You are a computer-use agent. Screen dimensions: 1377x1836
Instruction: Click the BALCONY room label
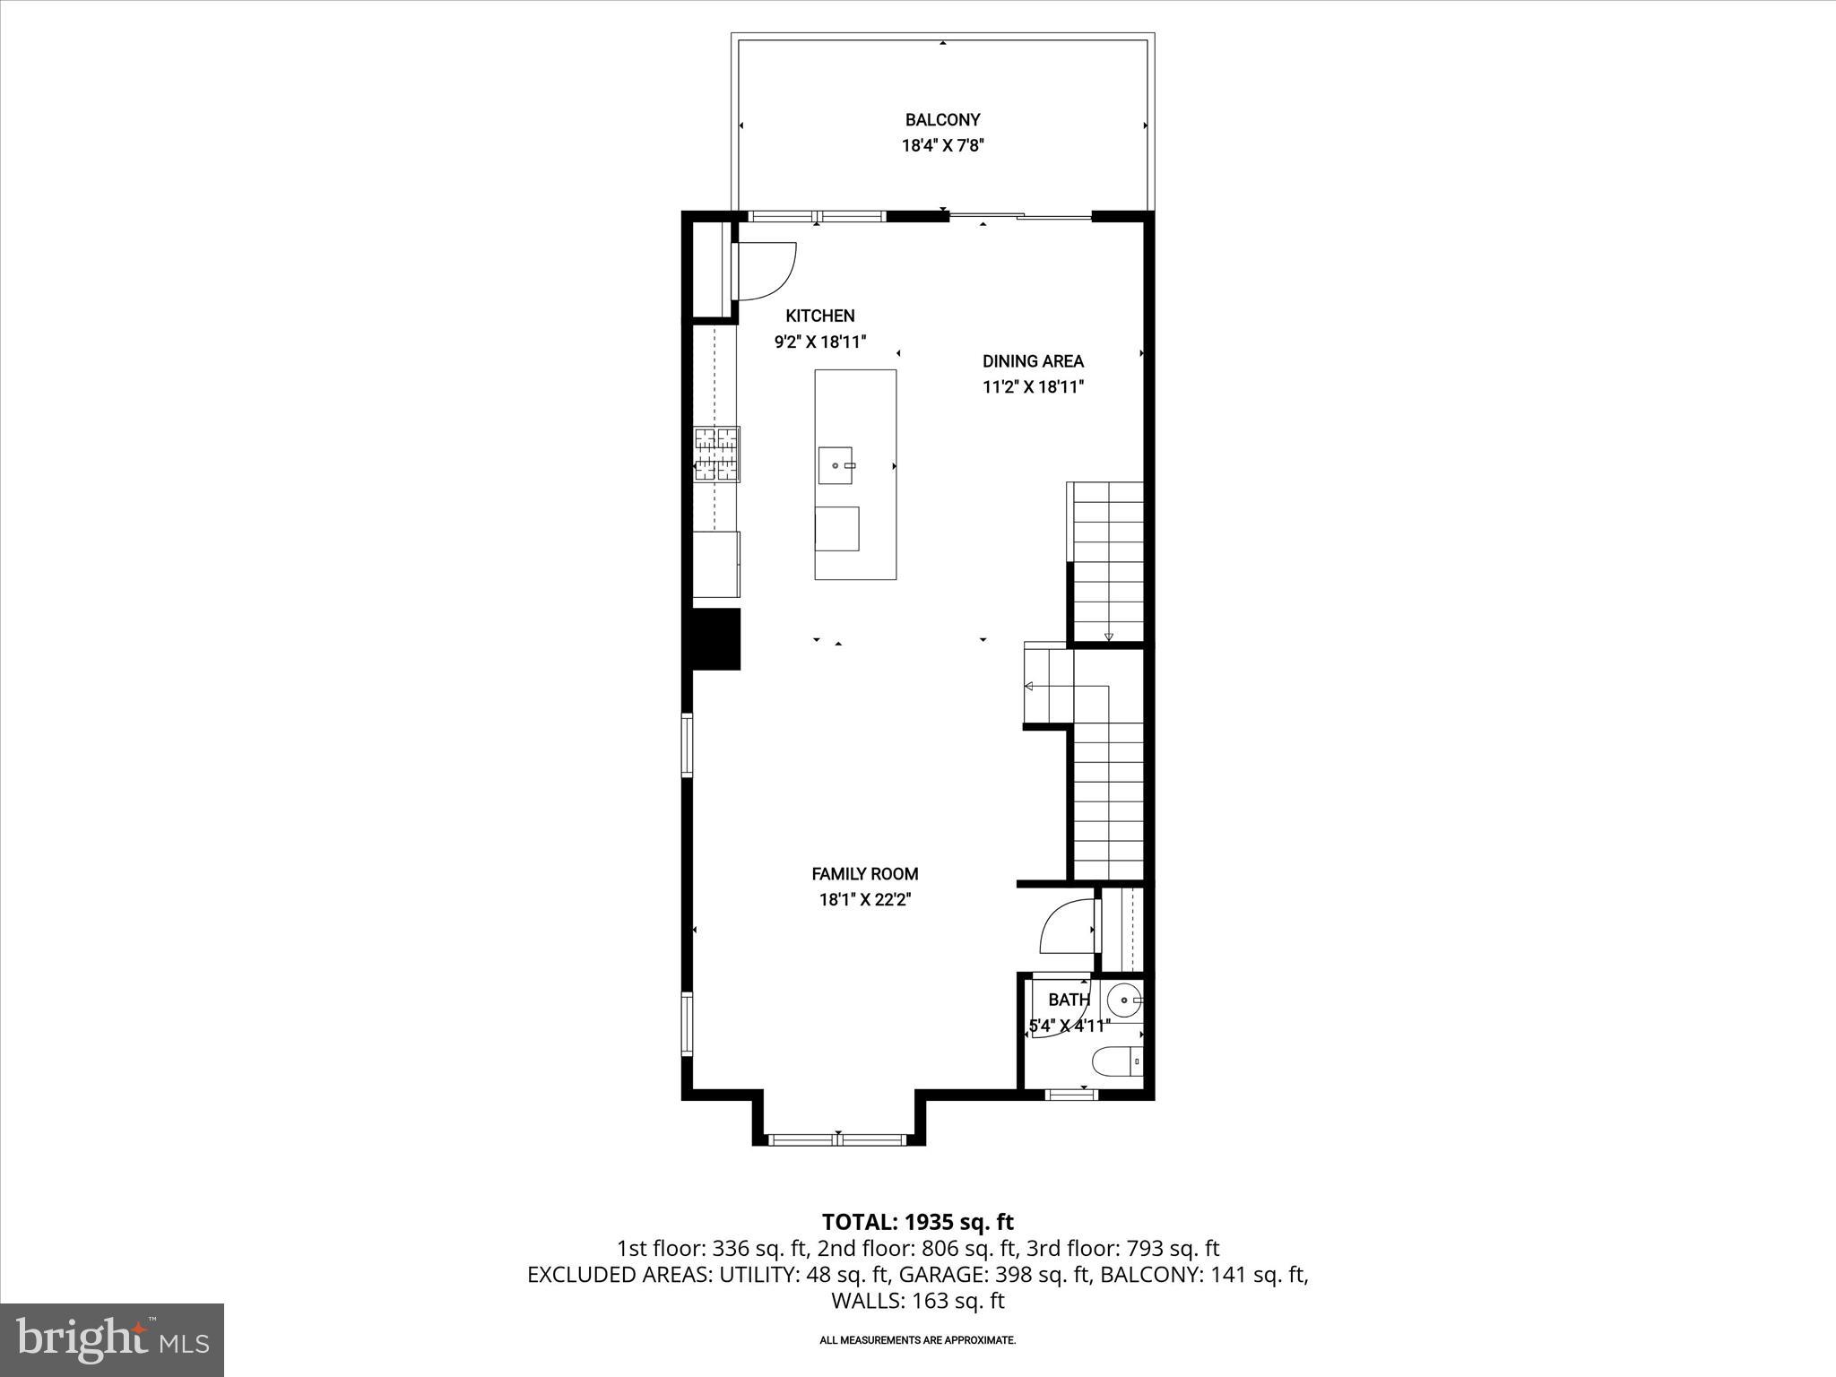(x=942, y=119)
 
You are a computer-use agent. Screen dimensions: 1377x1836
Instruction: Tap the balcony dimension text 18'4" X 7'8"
(x=942, y=146)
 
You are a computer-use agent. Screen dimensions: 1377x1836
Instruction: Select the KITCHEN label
(x=819, y=316)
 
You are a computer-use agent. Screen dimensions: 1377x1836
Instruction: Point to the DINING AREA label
(x=1033, y=361)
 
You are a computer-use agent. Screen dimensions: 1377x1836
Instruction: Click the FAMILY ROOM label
(x=864, y=873)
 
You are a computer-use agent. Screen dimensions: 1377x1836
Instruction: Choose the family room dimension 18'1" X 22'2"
(x=864, y=900)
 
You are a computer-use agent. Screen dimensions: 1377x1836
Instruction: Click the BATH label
(x=1069, y=1000)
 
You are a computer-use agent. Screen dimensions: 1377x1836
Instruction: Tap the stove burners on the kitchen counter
(x=716, y=455)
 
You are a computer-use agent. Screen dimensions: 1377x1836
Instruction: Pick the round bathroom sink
(x=1122, y=999)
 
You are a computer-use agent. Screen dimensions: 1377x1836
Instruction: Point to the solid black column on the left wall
(x=714, y=639)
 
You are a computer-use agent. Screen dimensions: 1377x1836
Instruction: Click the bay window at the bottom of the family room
(x=837, y=1139)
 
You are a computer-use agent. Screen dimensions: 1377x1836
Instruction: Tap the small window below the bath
(x=1071, y=1094)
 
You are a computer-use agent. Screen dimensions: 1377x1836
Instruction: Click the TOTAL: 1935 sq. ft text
(x=917, y=1222)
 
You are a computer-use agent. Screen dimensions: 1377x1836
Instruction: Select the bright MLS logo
(x=112, y=1339)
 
